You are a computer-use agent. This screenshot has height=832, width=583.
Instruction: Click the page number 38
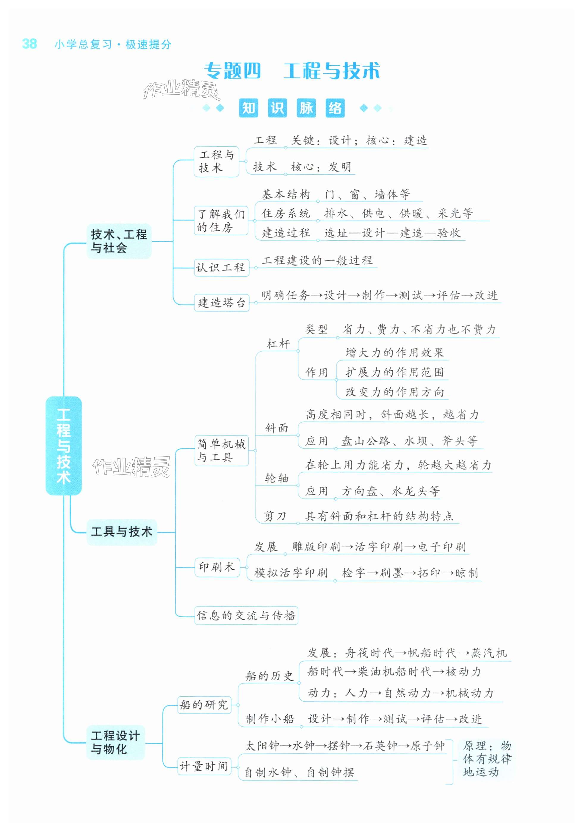[x=29, y=44]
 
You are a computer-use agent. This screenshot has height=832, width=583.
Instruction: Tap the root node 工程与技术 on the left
[x=63, y=445]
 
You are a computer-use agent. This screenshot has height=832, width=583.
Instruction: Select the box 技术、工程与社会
[x=119, y=241]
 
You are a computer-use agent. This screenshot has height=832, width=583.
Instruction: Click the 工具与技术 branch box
[x=122, y=532]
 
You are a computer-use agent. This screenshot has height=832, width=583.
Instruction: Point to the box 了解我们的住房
[x=221, y=221]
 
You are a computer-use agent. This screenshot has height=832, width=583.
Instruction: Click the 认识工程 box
[x=221, y=268]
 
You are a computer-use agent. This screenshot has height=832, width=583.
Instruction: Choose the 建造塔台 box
[x=221, y=303]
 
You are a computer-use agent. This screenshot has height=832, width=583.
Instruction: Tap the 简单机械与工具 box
[x=221, y=450]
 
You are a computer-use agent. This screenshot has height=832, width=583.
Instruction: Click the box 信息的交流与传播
[x=246, y=615]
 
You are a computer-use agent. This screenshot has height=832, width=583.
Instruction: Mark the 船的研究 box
[x=204, y=705]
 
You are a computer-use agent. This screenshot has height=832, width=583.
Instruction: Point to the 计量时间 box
[x=204, y=767]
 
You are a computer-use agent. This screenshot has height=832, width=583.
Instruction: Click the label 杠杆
[x=278, y=344]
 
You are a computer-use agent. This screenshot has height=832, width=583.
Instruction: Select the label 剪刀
[x=275, y=516]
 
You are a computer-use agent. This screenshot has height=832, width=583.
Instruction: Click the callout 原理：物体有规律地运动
[x=486, y=759]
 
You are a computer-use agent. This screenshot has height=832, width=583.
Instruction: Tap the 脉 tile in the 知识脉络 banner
[x=306, y=108]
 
